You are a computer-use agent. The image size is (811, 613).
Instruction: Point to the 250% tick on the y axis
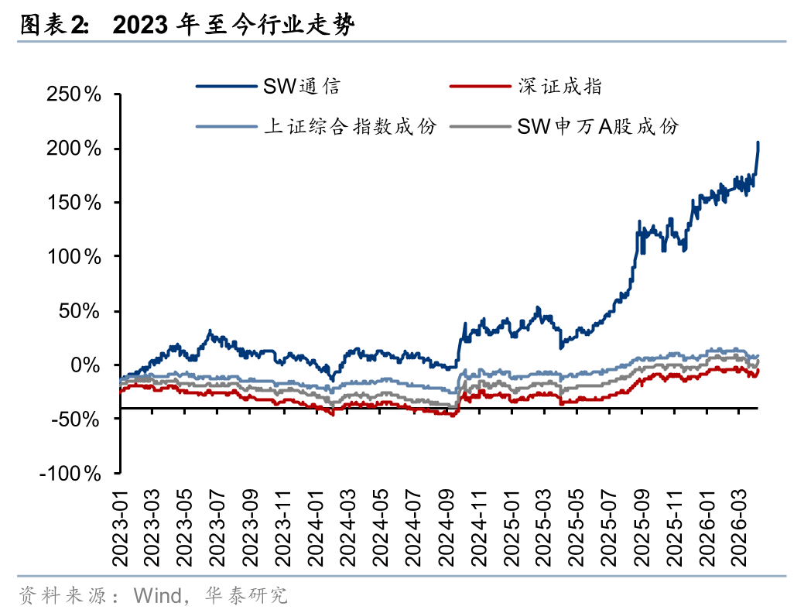tap(75, 94)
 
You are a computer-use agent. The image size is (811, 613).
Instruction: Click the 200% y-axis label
tap(75, 149)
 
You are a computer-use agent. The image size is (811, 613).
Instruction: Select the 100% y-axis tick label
tap(75, 257)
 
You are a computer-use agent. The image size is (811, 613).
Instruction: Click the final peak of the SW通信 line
tap(758, 142)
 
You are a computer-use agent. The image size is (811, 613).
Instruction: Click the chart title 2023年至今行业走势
tap(234, 26)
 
